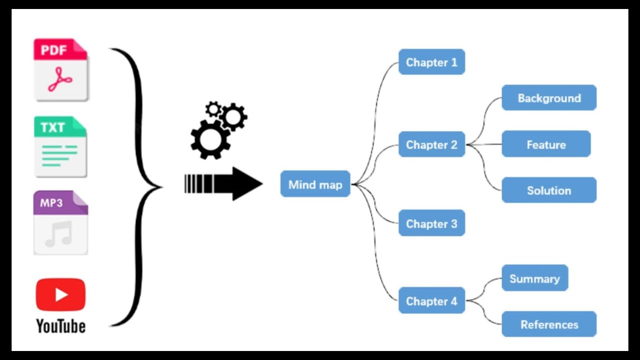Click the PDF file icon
point(60,70)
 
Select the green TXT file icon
point(60,146)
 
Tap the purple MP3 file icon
point(60,222)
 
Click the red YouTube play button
point(60,295)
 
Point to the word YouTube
point(60,326)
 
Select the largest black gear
point(210,139)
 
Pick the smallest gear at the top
point(213,108)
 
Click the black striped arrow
point(223,184)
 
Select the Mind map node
point(315,184)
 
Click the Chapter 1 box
point(431,62)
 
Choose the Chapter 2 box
point(431,144)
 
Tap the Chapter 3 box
point(431,223)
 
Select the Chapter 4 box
point(431,301)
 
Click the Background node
point(549,98)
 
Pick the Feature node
point(546,144)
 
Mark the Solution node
point(549,190)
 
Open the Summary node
point(534,278)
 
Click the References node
point(549,324)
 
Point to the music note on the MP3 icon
point(59,234)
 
